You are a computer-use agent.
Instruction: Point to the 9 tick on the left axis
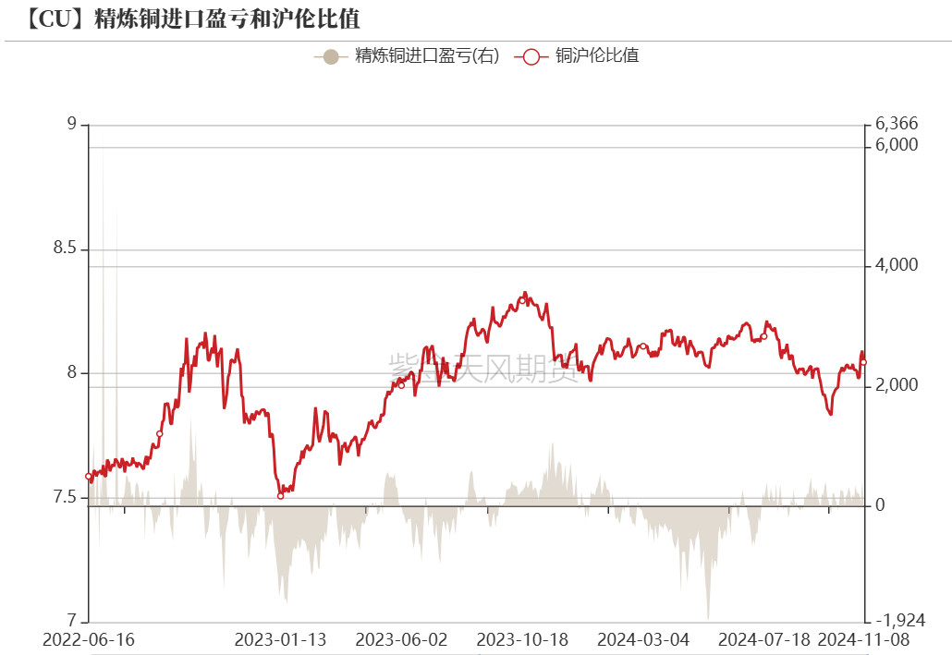72,125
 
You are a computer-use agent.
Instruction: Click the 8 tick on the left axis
72,373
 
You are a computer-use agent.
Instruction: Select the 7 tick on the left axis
72,621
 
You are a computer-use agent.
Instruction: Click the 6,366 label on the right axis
896,125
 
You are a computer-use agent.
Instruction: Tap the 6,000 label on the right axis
896,146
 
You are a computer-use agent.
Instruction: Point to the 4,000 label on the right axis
896,266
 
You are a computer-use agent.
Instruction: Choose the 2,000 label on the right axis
896,386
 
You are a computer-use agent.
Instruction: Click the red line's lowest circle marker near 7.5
281,496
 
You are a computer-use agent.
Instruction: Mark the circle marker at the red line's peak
521,300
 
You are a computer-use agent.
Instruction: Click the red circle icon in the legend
531,56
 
